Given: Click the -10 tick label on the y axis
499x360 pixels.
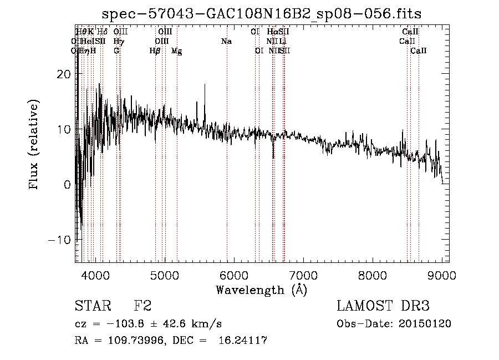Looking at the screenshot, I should pyautogui.click(x=59, y=240).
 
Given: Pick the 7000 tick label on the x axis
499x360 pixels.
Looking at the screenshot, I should pyautogui.click(x=303, y=274).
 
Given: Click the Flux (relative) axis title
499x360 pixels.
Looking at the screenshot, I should pyautogui.click(x=34, y=144).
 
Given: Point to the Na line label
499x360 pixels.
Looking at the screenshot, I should pyautogui.click(x=226, y=42).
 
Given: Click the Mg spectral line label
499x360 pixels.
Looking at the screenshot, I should pyautogui.click(x=176, y=51).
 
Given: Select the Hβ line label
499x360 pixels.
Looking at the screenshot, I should pyautogui.click(x=155, y=51).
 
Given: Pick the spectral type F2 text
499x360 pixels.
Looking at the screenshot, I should pyautogui.click(x=142, y=306).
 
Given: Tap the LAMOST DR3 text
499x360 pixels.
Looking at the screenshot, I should pyautogui.click(x=383, y=306).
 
